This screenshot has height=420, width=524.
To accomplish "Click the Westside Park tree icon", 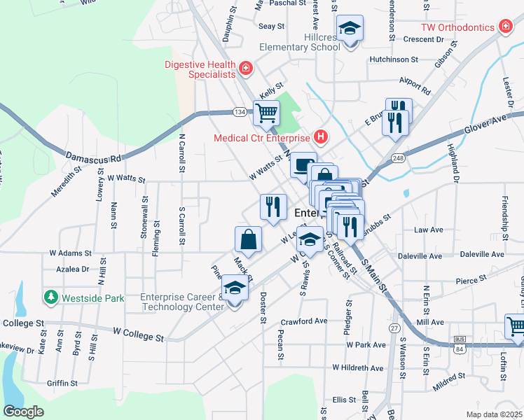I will pos(50,297).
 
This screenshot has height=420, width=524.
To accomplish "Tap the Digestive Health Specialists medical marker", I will pos(245,68).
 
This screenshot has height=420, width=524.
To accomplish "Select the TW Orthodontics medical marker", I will pos(504,27).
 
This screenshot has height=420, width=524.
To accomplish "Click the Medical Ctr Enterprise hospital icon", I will pos(321,136).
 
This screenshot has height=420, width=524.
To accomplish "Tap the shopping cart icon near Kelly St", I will pos(266,111).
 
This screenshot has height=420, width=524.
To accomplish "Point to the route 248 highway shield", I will pos(398,157).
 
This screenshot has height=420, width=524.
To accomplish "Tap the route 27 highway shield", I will pos(394,328).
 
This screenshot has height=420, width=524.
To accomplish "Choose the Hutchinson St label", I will pos(394,60).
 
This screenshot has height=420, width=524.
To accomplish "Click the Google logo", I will pos(23,412).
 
